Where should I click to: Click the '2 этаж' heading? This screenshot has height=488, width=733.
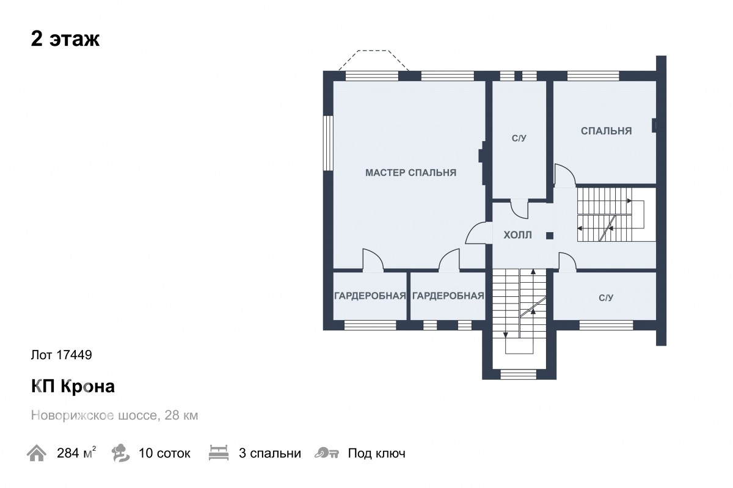(65, 39)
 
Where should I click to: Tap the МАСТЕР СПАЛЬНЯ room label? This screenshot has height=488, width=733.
(410, 172)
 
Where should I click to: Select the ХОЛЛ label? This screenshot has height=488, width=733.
(518, 235)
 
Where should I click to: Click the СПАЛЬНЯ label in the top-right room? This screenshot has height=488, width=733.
(607, 131)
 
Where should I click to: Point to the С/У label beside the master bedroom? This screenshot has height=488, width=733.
(519, 138)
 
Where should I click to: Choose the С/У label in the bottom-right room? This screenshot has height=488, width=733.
(606, 297)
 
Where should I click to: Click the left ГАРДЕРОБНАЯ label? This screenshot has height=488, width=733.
(370, 296)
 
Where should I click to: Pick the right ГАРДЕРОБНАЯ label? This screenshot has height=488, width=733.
(448, 296)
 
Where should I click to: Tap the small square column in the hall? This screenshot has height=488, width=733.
(550, 236)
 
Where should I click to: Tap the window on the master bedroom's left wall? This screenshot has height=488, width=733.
(328, 143)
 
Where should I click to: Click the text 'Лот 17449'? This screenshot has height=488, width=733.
(62, 355)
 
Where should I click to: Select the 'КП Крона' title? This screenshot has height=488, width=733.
(73, 386)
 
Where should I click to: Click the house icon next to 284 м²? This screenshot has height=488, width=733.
(36, 453)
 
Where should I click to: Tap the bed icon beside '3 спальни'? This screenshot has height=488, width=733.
(219, 453)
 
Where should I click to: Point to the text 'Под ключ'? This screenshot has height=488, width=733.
(377, 453)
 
